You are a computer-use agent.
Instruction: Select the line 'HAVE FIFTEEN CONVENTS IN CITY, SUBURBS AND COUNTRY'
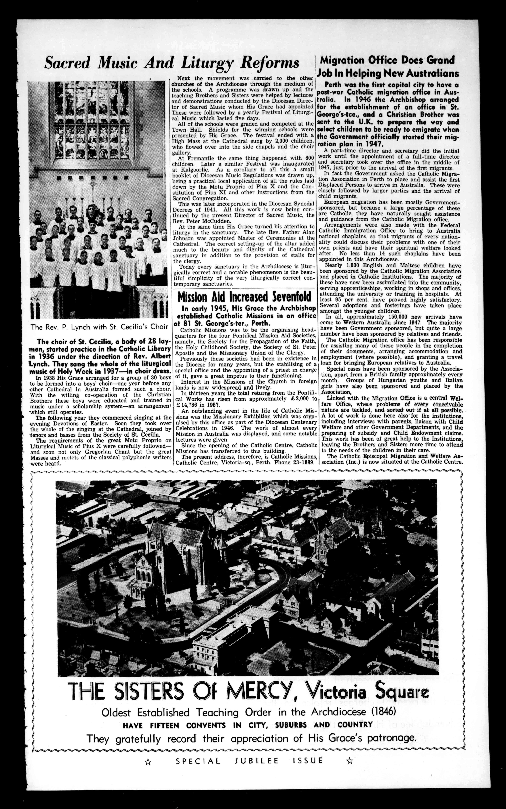click(248, 725)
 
